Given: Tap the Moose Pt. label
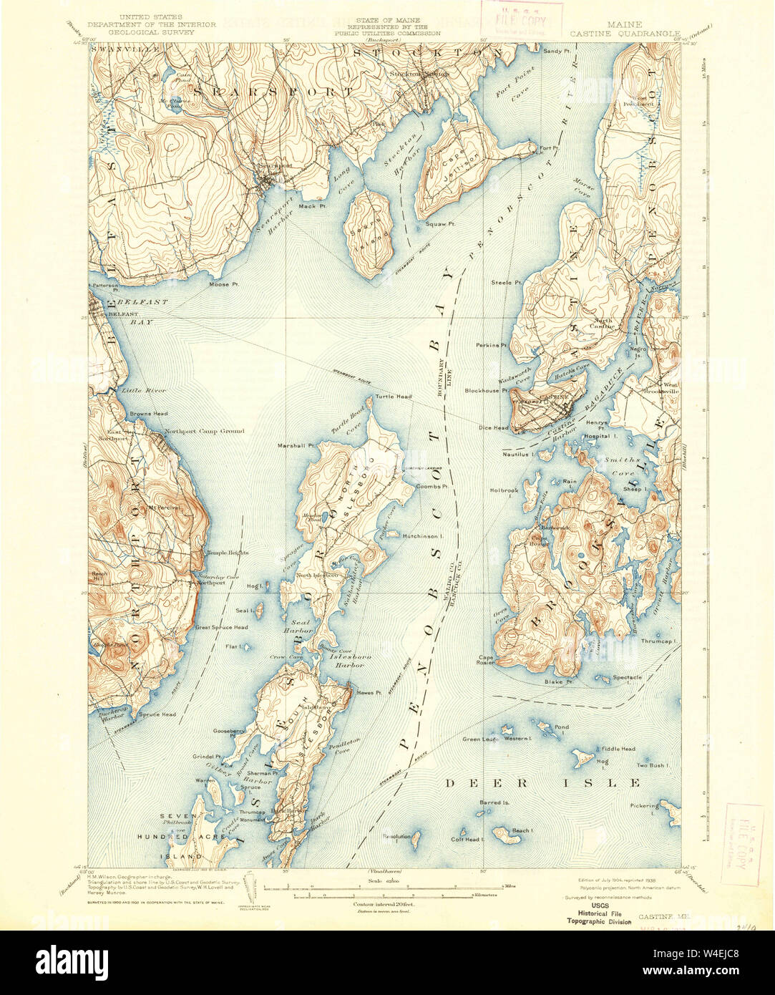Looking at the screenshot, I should [220, 284].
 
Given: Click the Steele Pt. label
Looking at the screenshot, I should [505, 283].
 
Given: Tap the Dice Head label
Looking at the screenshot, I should [494, 428].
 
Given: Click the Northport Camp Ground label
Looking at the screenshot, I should [204, 431].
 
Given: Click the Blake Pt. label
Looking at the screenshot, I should [560, 681].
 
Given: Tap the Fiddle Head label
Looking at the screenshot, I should [618, 749].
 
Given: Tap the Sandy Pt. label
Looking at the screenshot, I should [555, 51].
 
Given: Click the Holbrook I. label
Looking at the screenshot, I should [505, 490].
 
